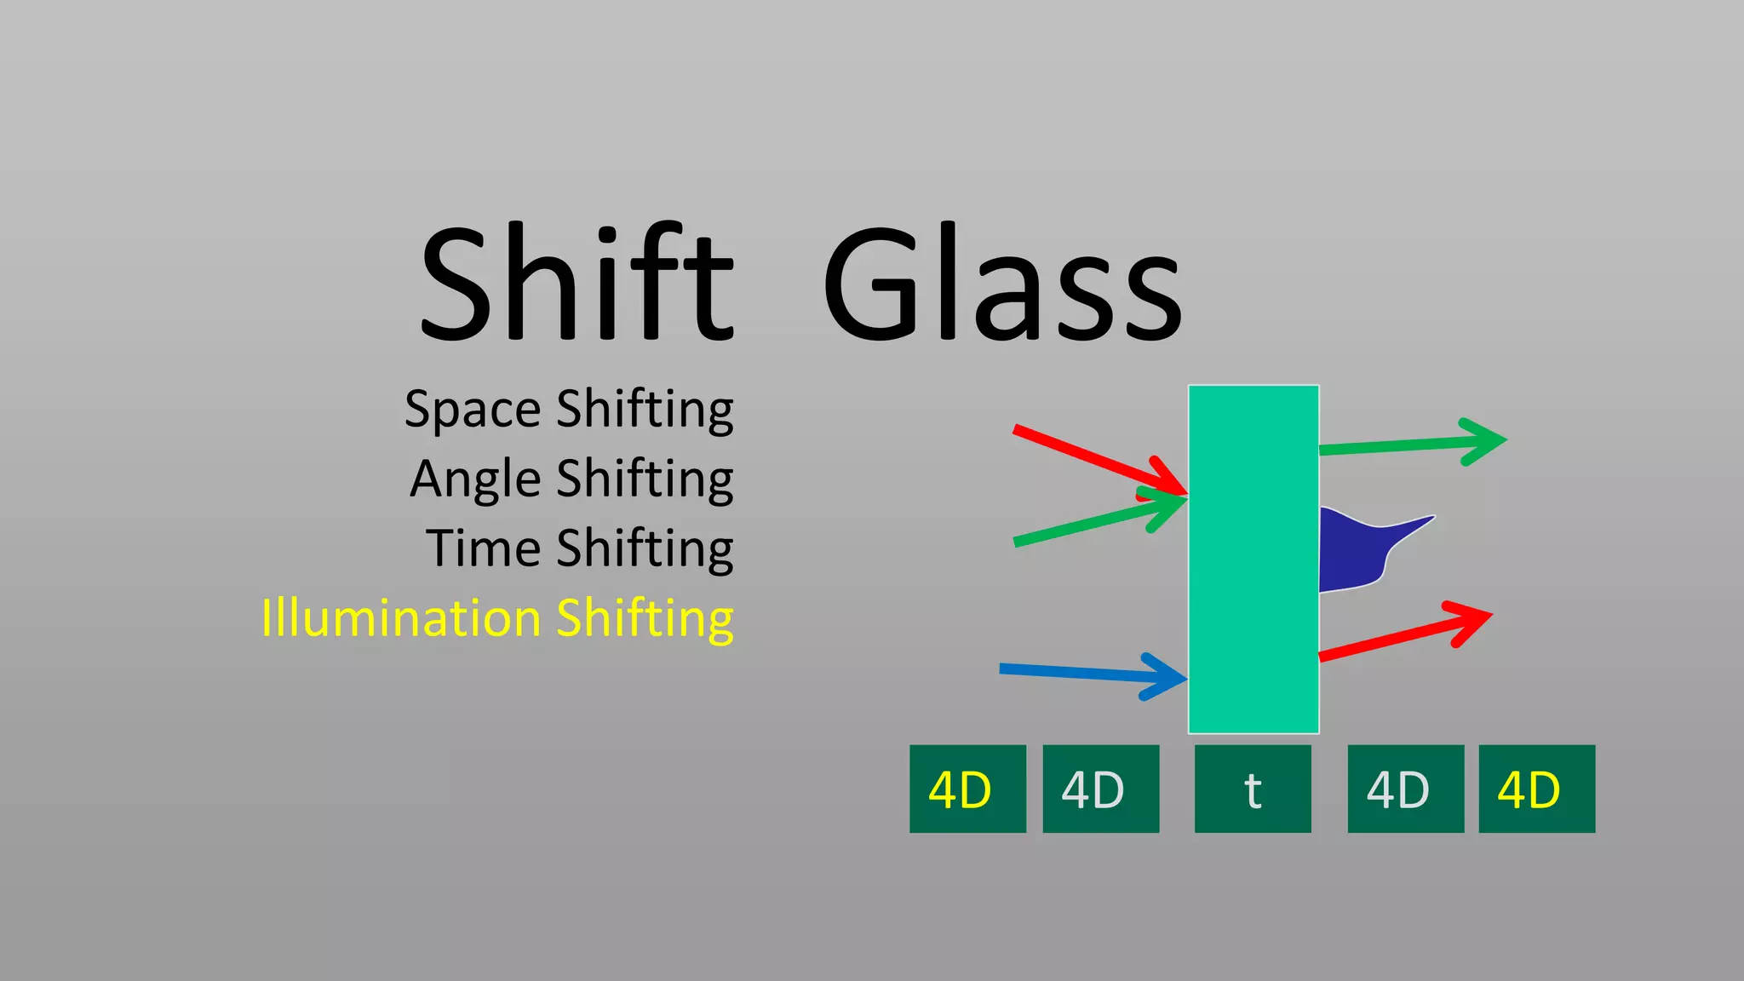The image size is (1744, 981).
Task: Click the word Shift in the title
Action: tap(577, 283)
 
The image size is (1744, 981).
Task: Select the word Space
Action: tap(473, 410)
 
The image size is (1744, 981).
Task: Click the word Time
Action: tap(483, 548)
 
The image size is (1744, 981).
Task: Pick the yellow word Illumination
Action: tap(401, 617)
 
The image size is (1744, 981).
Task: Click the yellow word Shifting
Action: tap(645, 619)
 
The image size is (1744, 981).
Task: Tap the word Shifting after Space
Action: tap(645, 410)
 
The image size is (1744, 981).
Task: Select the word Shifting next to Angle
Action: tap(645, 479)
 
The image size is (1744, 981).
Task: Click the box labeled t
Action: tap(1253, 789)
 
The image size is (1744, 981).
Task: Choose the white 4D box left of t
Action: tap(1100, 789)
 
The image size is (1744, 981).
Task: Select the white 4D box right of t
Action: tap(1405, 789)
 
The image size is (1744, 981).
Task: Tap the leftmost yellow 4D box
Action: tap(967, 789)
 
